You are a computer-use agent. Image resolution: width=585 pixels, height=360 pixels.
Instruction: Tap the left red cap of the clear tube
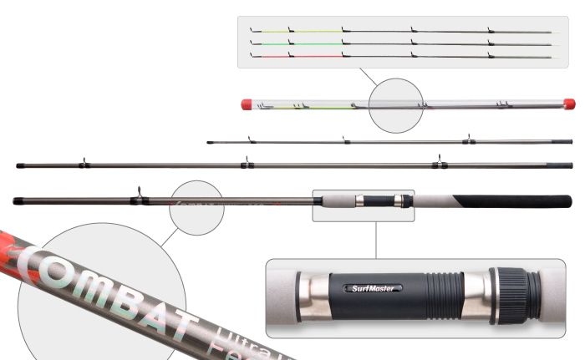coord(247,104)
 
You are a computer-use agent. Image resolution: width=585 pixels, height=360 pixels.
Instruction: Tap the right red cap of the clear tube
coord(569,104)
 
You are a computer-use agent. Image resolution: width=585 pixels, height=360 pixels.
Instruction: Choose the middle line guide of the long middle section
coord(245,164)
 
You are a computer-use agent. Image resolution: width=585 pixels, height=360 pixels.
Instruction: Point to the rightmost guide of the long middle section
coord(435,163)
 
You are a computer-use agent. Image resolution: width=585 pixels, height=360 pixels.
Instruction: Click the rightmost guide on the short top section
coord(468,138)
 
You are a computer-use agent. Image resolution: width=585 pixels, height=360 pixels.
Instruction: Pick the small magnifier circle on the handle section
coord(196,205)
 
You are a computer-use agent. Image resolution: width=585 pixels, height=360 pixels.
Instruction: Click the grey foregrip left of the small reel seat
coord(334,200)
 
